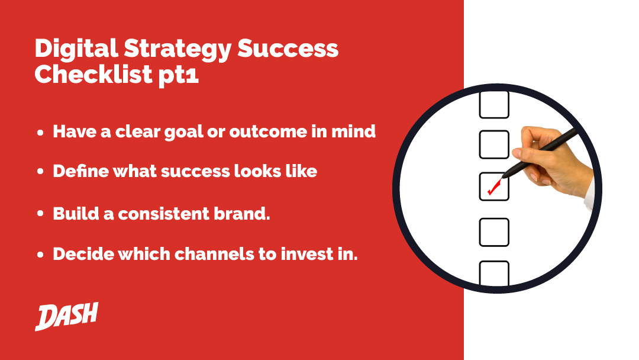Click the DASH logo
pyautogui.click(x=66, y=316)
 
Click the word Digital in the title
pyautogui.click(x=76, y=48)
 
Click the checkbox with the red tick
pyautogui.click(x=494, y=187)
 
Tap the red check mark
pyautogui.click(x=494, y=187)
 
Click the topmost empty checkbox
pyautogui.click(x=494, y=104)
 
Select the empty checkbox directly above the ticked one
pyautogui.click(x=494, y=144)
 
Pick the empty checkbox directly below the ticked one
pyautogui.click(x=494, y=232)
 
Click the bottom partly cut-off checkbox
pyautogui.click(x=494, y=273)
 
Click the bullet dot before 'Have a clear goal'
pyautogui.click(x=40, y=133)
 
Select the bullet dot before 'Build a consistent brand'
pyautogui.click(x=40, y=213)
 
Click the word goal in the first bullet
pyautogui.click(x=183, y=133)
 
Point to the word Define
pyautogui.click(x=80, y=171)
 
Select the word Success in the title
pyautogui.click(x=288, y=49)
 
